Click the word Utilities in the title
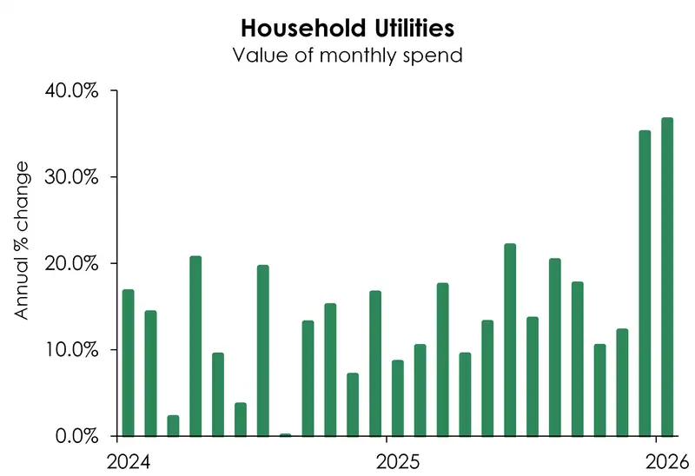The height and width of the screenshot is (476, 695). click(x=414, y=29)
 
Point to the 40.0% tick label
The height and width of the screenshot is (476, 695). click(x=73, y=91)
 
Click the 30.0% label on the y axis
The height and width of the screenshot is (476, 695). click(x=73, y=177)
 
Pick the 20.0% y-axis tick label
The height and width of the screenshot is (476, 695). click(x=73, y=263)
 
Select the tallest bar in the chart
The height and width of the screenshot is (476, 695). click(x=667, y=277)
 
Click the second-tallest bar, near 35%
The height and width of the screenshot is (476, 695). click(x=645, y=283)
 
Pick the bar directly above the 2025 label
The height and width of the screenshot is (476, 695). click(x=398, y=398)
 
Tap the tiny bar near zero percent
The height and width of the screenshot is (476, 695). click(x=286, y=434)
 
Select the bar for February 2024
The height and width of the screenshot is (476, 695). click(x=151, y=374)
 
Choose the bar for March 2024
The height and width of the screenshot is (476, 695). click(x=173, y=426)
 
